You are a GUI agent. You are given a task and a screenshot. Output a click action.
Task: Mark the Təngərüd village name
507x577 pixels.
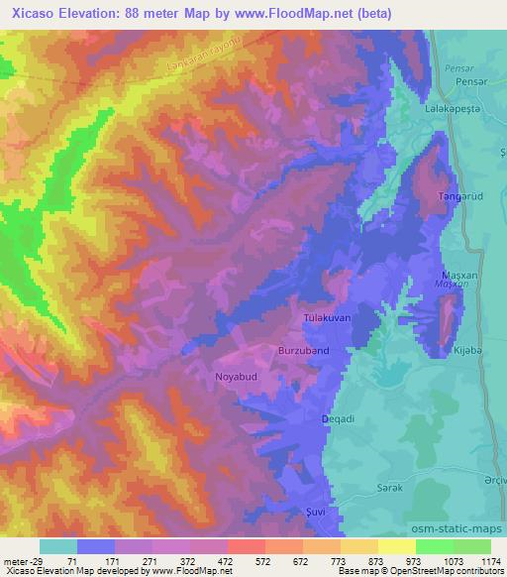tap(459, 197)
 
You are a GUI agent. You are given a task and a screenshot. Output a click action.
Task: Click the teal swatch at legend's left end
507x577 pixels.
tap(58, 546)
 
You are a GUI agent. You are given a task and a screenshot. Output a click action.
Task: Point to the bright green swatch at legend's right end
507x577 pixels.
tap(471, 546)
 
